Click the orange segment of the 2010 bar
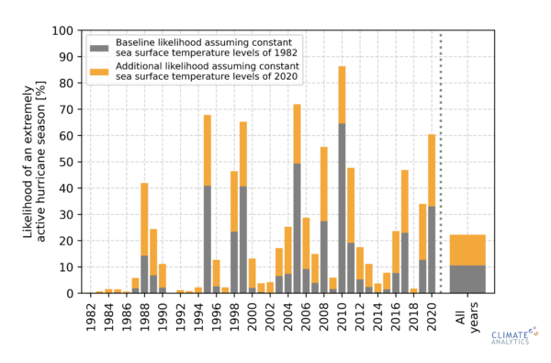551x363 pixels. (342, 95)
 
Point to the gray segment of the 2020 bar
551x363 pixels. (431, 249)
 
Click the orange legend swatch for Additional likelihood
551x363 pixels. (98, 72)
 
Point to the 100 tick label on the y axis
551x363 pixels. (62, 31)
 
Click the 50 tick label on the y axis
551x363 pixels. (65, 162)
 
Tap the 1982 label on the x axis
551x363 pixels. (92, 315)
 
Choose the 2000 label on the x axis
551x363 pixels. (253, 315)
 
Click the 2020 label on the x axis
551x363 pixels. (431, 315)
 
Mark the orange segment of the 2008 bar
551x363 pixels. (323, 184)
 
